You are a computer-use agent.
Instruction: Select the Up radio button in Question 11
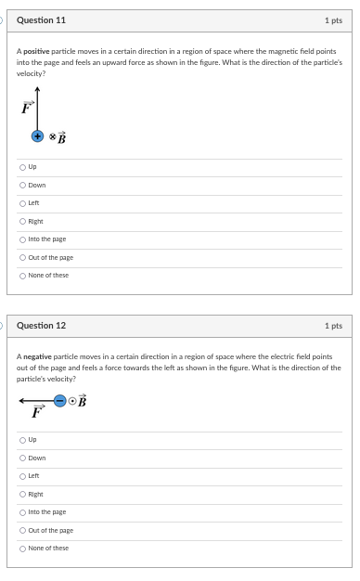point(22,167)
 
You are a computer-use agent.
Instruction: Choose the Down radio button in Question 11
point(22,186)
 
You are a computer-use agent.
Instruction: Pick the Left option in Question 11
point(22,203)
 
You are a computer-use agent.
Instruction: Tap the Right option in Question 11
point(22,221)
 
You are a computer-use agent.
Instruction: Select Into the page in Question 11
point(22,239)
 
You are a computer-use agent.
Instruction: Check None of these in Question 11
point(22,275)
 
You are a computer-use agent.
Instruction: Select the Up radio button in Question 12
point(22,440)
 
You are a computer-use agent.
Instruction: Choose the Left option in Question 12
point(22,476)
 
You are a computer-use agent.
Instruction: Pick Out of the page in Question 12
point(22,530)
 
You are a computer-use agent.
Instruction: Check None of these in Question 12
point(22,548)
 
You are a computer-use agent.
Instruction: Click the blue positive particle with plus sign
point(38,136)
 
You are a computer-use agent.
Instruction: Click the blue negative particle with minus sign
point(59,401)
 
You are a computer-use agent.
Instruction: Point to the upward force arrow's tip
point(38,89)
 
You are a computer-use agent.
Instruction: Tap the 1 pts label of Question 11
point(333,19)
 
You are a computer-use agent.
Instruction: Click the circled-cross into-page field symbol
point(52,136)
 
